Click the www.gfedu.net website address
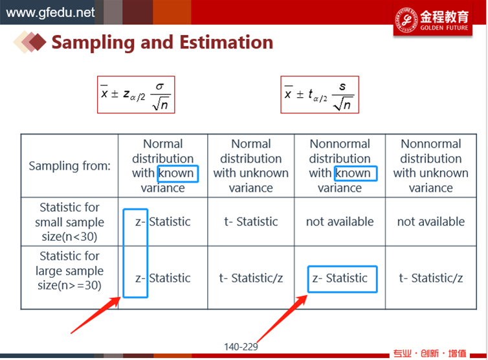click(50, 13)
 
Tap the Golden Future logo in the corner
click(432, 20)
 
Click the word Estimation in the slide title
click(227, 42)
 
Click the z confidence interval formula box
click(136, 95)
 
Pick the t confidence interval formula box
click(320, 95)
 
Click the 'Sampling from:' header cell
click(69, 166)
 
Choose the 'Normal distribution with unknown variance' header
click(251, 166)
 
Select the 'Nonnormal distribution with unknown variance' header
click(431, 166)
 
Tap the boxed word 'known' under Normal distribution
click(178, 174)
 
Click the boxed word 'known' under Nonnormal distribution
click(355, 174)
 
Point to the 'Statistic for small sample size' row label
click(69, 221)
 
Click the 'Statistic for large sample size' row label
click(69, 271)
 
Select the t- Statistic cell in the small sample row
click(251, 221)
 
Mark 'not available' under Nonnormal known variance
click(340, 221)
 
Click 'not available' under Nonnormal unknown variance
click(431, 221)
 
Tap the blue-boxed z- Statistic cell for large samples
click(342, 279)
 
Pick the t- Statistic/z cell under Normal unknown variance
click(251, 278)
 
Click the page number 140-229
click(241, 347)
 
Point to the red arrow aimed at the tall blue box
click(96, 315)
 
